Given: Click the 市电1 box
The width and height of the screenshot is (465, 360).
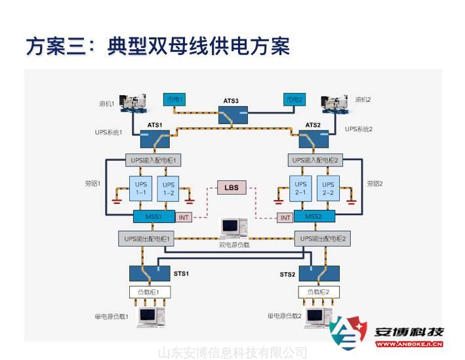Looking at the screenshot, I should pyautogui.click(x=174, y=100).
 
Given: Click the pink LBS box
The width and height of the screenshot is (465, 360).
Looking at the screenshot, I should pyautogui.click(x=232, y=188).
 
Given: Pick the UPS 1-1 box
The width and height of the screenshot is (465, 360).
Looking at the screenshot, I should pyautogui.click(x=141, y=189).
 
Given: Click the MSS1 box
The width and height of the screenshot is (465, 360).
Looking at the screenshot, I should pyautogui.click(x=153, y=216).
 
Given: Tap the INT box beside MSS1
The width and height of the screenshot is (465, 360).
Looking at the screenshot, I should pyautogui.click(x=184, y=217).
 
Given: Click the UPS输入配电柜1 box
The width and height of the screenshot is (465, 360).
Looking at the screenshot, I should pyautogui.click(x=153, y=160).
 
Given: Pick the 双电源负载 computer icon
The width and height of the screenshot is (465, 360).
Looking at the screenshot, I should pyautogui.click(x=230, y=227).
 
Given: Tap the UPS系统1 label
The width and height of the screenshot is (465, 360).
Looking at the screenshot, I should pyautogui.click(x=108, y=132).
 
